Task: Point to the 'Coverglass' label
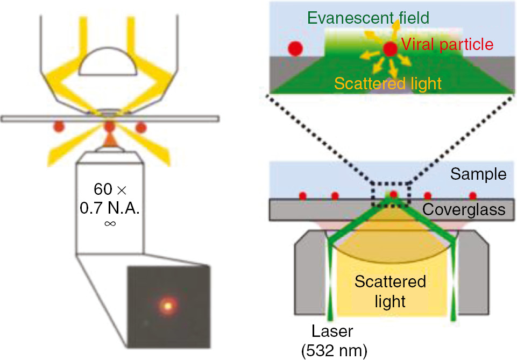point(464,209)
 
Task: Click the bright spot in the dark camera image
point(168,305)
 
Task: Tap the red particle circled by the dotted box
point(393,195)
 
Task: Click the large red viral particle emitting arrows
point(390,50)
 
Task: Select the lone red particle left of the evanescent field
point(295,48)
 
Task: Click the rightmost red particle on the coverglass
point(473,195)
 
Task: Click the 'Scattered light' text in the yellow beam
point(391,291)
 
